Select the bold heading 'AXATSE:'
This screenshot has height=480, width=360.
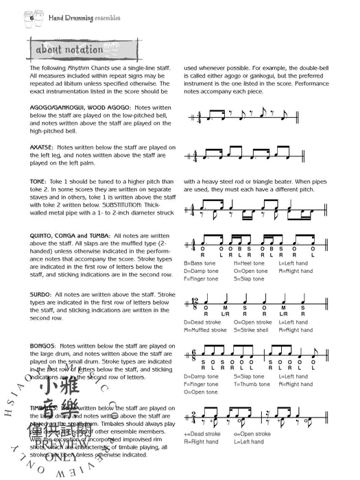click(x=42, y=147)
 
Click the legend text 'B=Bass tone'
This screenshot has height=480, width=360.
click(x=201, y=263)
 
